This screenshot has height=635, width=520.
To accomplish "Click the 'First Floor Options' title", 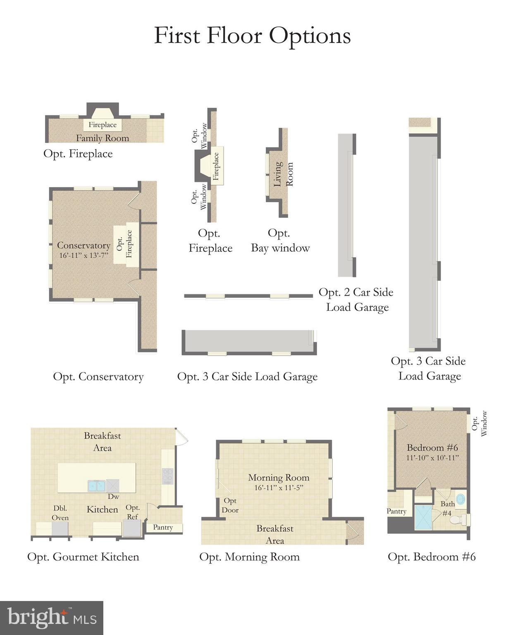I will tap(252, 36).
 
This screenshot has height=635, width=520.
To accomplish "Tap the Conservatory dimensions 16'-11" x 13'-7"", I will tap(83, 255).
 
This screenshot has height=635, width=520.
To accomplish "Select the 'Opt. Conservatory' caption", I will tap(98, 377).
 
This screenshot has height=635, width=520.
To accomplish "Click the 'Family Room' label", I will tap(103, 138).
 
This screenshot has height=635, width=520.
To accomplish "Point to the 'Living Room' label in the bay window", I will tap(283, 174).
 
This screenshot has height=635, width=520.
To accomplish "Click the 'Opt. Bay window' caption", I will tap(280, 241).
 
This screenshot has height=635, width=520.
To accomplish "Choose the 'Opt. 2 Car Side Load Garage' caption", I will tap(356, 300).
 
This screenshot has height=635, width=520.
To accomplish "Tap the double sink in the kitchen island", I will tap(97, 485).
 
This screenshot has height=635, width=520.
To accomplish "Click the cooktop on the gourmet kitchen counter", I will tap(167, 476).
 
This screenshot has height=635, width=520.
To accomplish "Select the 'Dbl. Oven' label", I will tap(60, 513).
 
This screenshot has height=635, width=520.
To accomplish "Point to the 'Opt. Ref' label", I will tap(133, 512).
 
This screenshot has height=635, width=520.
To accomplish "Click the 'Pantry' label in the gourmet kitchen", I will tap(163, 528).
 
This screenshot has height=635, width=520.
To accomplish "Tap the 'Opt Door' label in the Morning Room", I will tap(230, 505).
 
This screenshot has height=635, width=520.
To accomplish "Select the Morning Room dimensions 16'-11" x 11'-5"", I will tap(279, 488).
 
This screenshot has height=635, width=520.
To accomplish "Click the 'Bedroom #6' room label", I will tap(432, 448).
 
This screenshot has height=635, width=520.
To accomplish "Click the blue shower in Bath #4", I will tap(423, 517).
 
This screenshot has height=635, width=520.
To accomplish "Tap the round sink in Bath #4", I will tap(460, 498).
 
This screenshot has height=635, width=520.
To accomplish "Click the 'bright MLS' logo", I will tap(52, 618).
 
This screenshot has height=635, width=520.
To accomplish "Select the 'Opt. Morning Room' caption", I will tap(249, 557).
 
